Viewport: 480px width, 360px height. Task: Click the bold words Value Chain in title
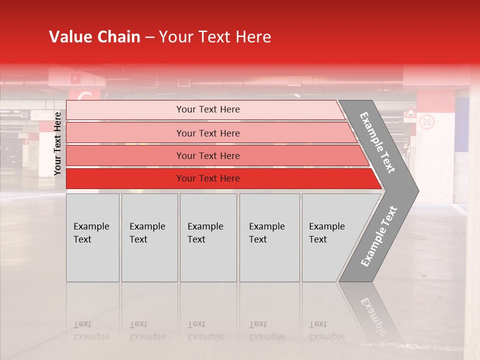point(94,37)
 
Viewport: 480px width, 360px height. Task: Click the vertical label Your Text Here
point(57,143)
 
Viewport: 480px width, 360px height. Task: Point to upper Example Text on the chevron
point(378,142)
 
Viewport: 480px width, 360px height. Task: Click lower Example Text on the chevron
point(379,236)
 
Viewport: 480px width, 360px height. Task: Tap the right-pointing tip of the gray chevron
point(414,190)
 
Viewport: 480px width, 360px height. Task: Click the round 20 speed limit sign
point(426,122)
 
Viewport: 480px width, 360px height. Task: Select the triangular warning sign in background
point(410,114)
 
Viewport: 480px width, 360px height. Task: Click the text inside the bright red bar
point(208,178)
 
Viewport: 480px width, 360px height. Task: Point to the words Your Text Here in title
point(214,37)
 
